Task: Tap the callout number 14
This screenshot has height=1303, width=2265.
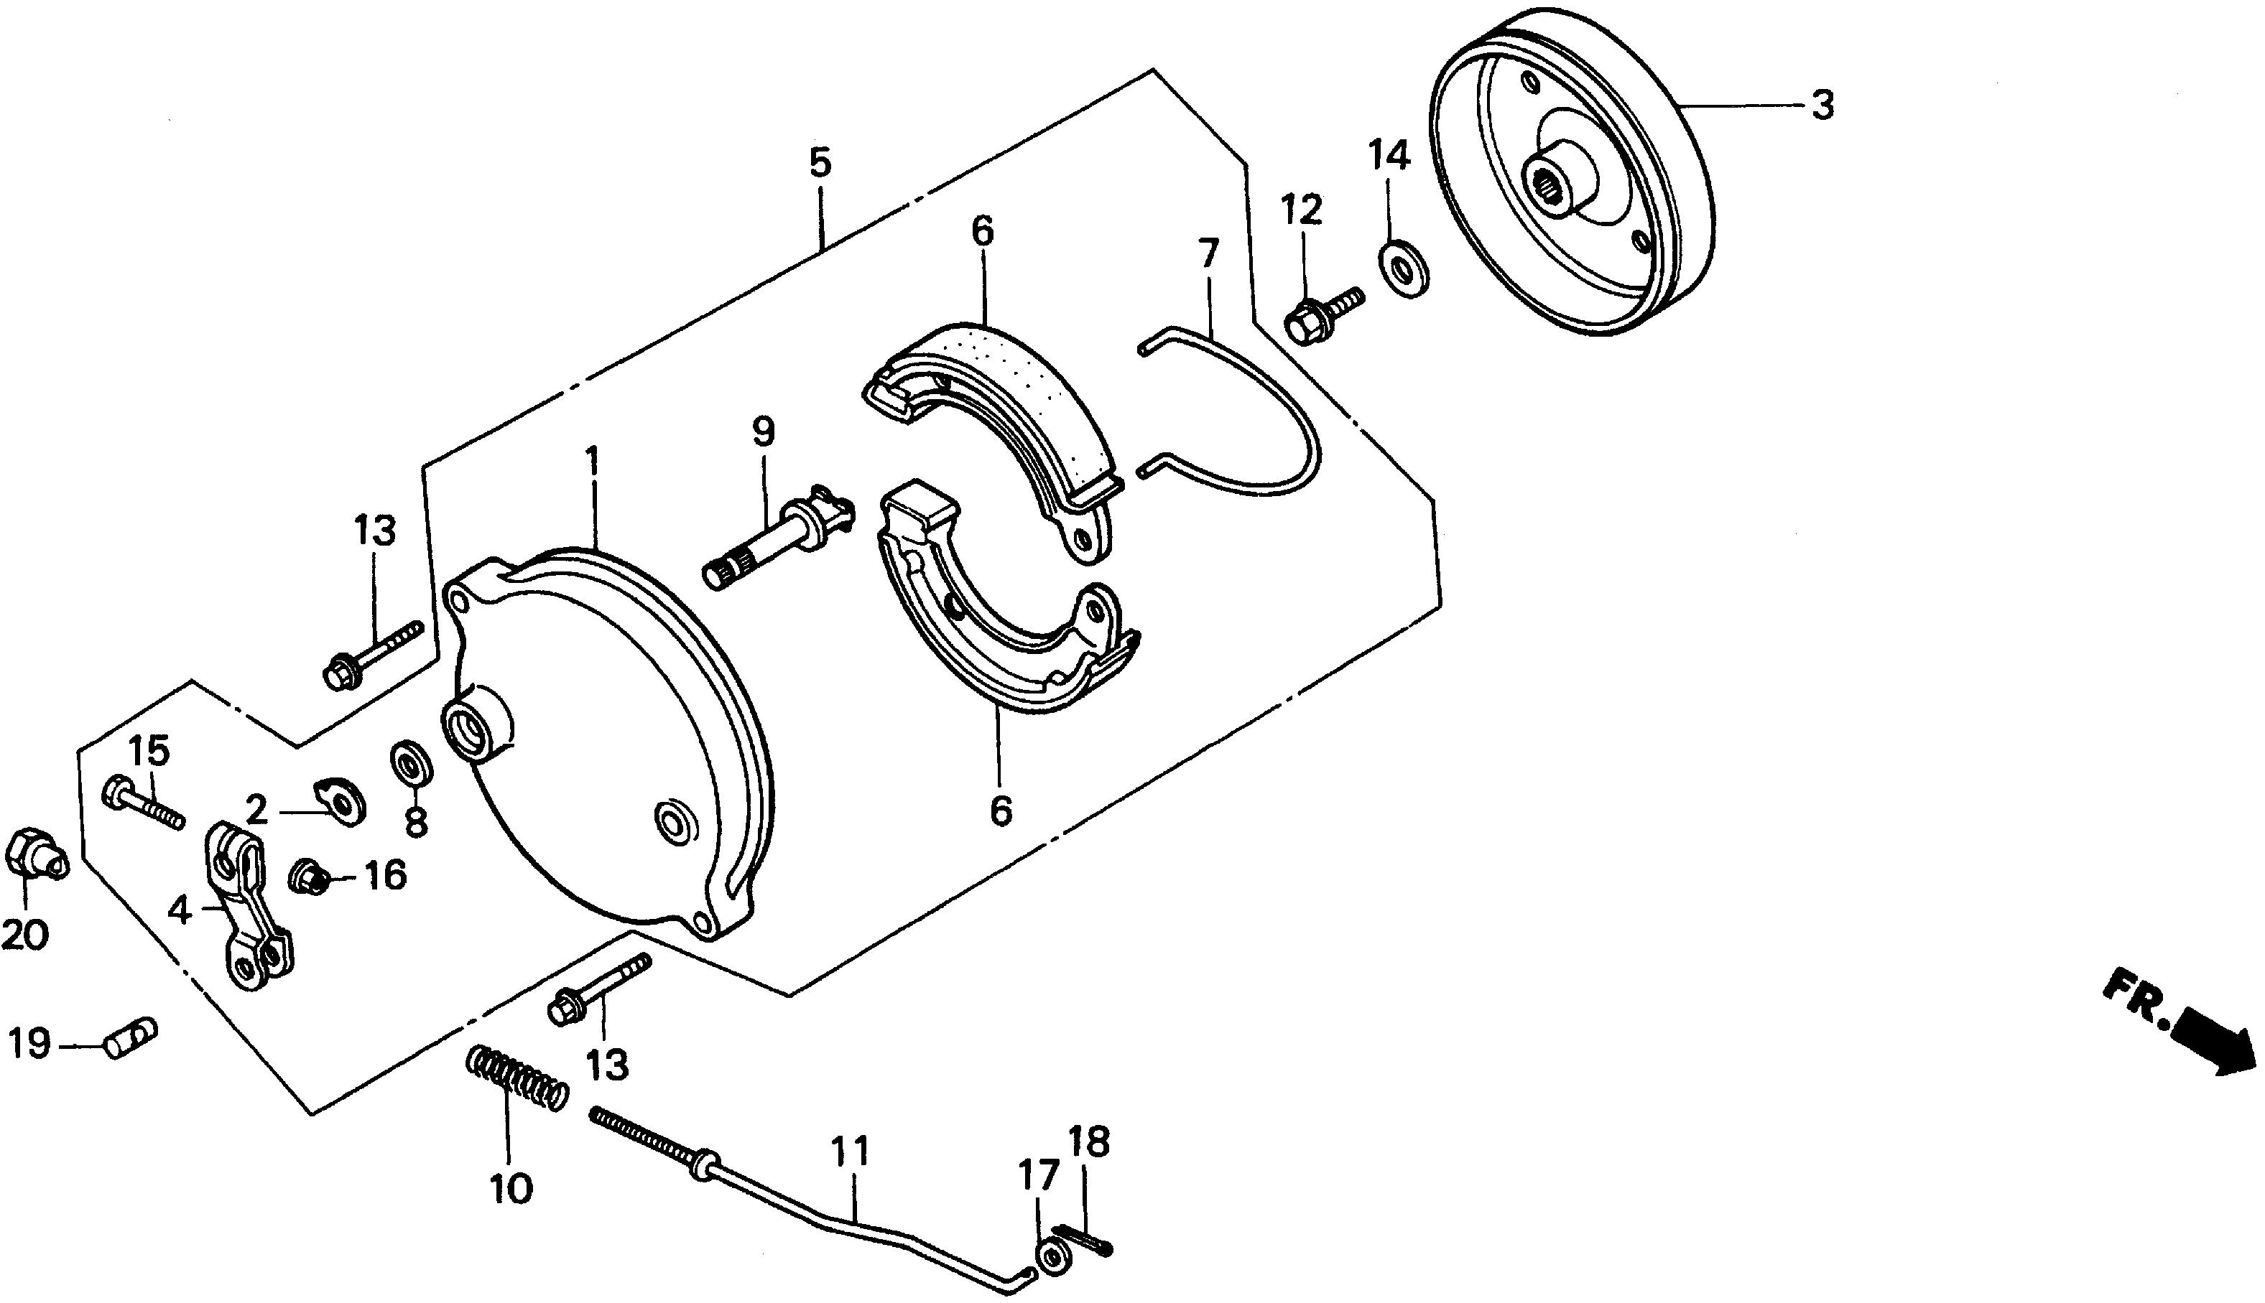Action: click(1389, 156)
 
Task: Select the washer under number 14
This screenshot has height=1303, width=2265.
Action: click(1403, 266)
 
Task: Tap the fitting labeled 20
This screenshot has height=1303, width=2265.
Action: click(32, 858)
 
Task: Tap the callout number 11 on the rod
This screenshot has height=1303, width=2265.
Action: click(850, 1153)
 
